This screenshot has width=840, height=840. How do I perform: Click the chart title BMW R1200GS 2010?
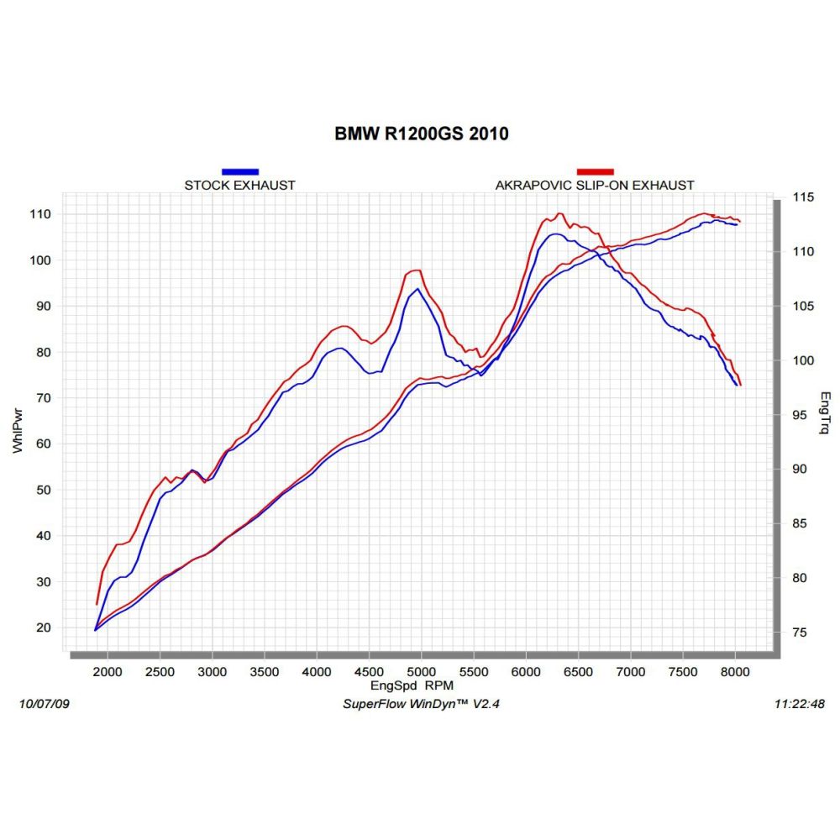click(x=421, y=134)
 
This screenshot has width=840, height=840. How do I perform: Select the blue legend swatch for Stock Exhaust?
click(x=240, y=171)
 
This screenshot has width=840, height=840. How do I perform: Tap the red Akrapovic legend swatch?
click(x=595, y=171)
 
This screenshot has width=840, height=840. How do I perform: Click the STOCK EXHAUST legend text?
click(x=240, y=185)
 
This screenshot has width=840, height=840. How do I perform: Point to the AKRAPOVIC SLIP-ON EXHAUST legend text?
click(x=595, y=185)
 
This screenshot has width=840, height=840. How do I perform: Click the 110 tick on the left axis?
click(x=39, y=214)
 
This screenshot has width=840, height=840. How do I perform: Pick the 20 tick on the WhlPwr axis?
click(x=42, y=627)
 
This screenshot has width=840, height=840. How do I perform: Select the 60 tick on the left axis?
click(x=42, y=444)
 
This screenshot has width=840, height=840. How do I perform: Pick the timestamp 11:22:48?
click(x=797, y=704)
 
